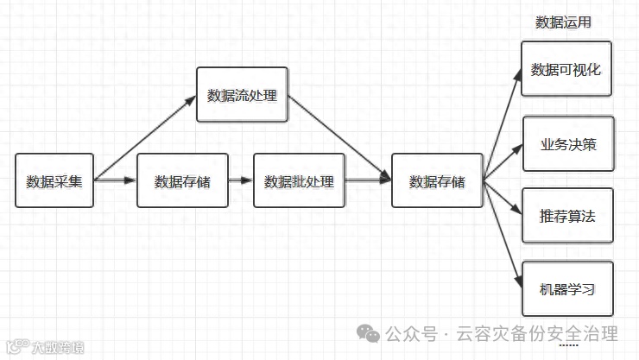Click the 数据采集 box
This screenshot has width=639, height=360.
(x=54, y=181)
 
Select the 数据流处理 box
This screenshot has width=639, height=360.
(x=242, y=94)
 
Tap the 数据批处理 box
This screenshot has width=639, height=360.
(x=299, y=181)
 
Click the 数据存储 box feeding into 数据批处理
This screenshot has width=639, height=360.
(x=182, y=181)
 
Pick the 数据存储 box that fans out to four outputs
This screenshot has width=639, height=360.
(x=437, y=181)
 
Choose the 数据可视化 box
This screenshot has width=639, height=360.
(x=566, y=69)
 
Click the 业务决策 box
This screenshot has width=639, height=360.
(x=568, y=143)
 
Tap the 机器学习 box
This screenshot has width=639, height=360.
(x=568, y=289)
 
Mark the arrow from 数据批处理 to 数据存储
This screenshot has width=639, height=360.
(x=368, y=181)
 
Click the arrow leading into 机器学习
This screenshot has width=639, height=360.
(x=503, y=234)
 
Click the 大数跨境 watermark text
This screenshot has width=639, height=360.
(x=58, y=348)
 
